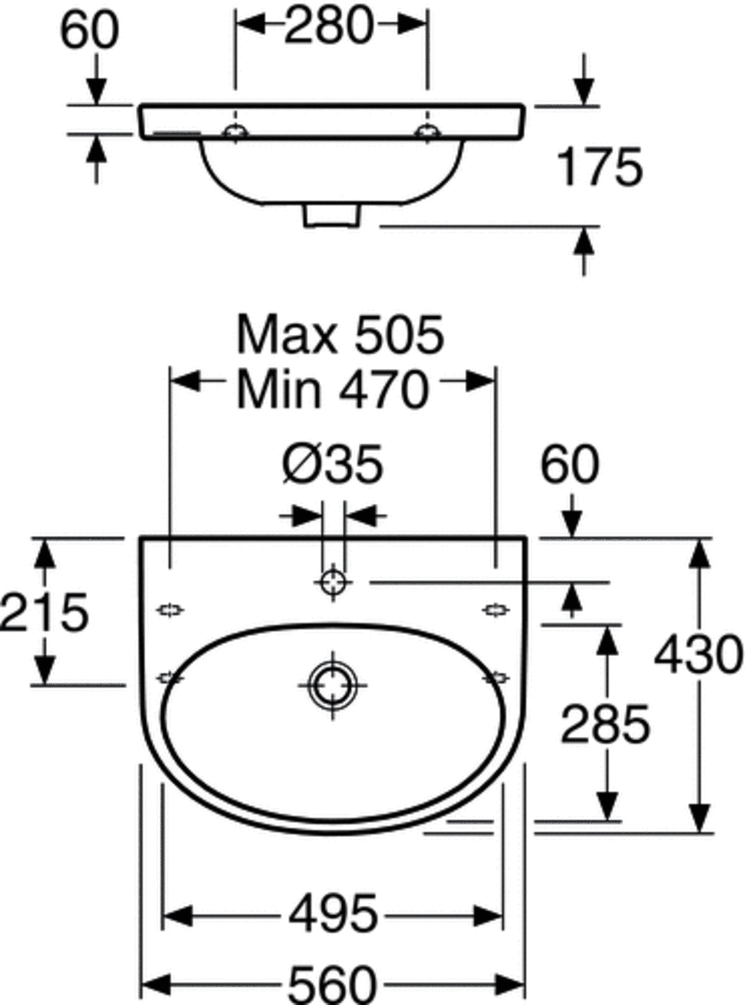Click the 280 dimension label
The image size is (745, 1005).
(329, 26)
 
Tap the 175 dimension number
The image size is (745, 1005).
(600, 166)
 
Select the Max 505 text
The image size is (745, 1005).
(340, 334)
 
